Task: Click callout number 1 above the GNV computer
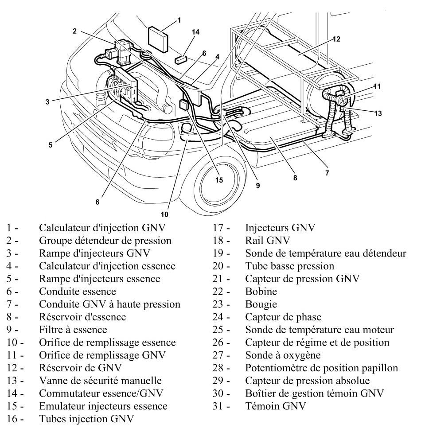(x=179, y=20)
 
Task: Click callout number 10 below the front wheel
(x=164, y=214)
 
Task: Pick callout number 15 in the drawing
(x=218, y=180)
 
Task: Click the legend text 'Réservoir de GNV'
(x=75, y=367)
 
